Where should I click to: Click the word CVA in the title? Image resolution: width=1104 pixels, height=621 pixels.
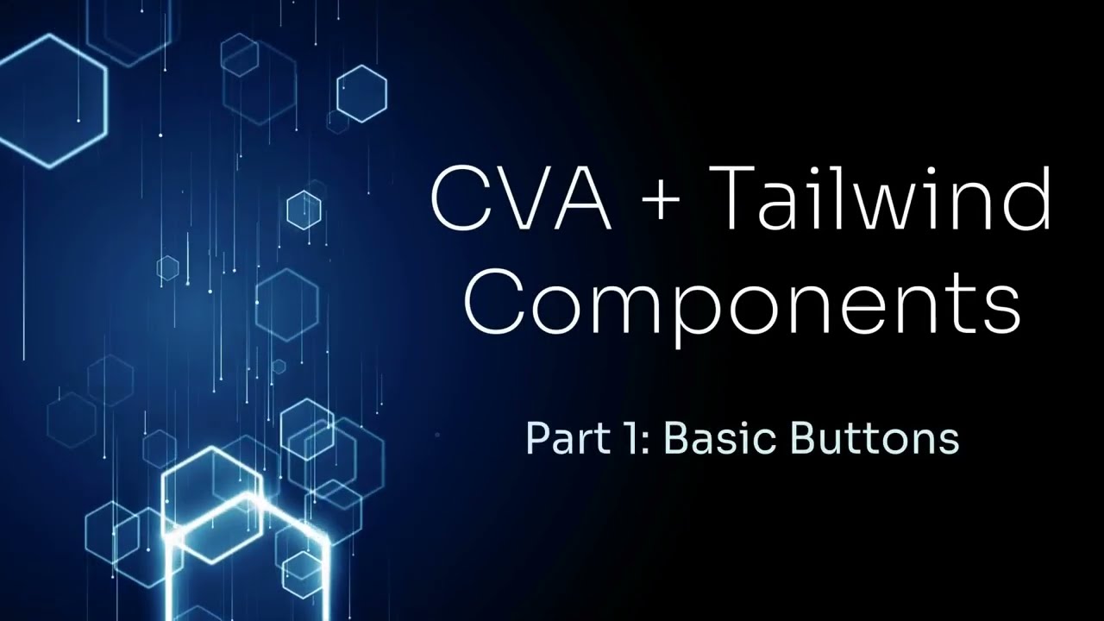click(x=519, y=199)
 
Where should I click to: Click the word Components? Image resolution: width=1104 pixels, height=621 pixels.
click(x=742, y=303)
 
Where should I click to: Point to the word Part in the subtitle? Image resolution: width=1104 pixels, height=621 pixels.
click(x=559, y=438)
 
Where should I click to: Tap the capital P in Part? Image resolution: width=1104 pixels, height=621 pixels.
click(x=535, y=438)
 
